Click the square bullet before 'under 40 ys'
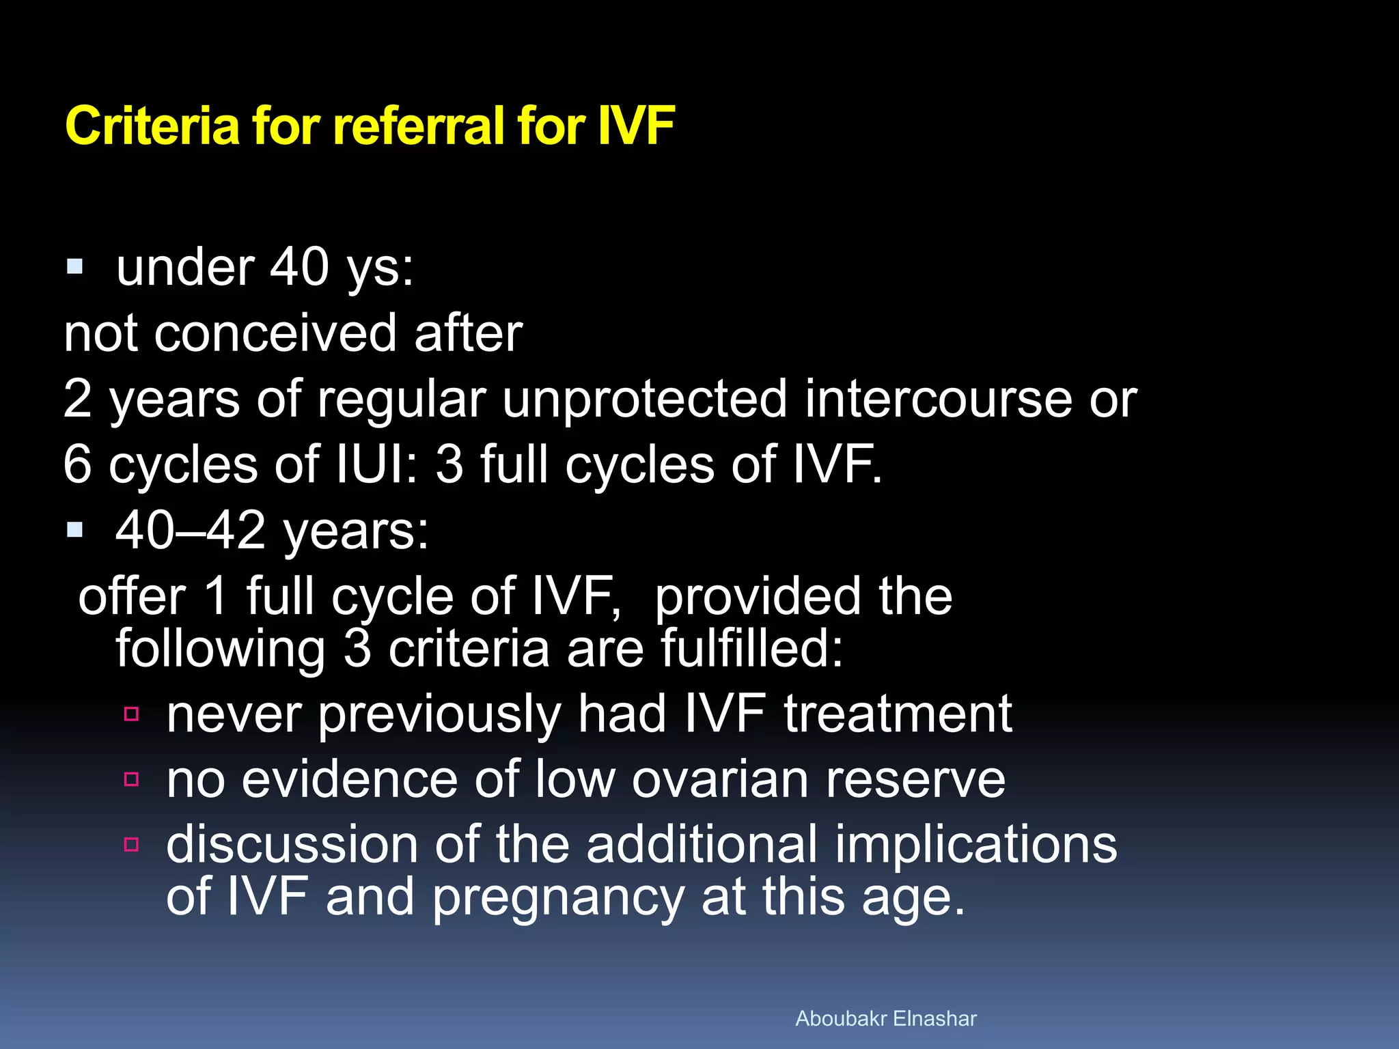(75, 266)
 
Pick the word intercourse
(938, 399)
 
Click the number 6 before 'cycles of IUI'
(77, 464)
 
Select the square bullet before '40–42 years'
(75, 529)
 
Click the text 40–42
(190, 530)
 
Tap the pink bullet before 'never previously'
(132, 714)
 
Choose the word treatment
(898, 714)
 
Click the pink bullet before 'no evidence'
(132, 779)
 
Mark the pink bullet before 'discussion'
(132, 845)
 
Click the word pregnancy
(559, 898)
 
